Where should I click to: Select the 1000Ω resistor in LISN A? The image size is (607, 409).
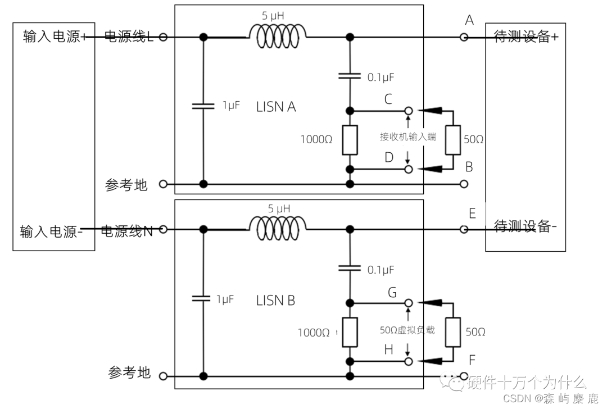pos(350,140)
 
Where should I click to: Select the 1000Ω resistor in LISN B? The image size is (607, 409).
pos(350,331)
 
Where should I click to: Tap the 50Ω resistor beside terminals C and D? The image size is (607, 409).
pos(453,139)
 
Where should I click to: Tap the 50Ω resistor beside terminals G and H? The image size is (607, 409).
pos(453,331)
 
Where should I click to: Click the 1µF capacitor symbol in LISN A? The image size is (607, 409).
pos(203,105)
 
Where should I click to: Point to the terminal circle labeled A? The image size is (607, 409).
pos(464,37)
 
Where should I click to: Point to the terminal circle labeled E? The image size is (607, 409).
pos(464,229)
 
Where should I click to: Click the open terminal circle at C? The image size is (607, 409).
pos(409,110)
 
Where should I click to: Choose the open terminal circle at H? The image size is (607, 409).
pos(409,361)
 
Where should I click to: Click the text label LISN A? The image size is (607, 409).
pos(276,107)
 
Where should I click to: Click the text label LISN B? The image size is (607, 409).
pos(275,301)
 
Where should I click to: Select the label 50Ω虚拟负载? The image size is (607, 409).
pos(407,330)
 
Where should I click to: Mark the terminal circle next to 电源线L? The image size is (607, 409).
pos(163,38)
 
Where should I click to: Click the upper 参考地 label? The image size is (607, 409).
pos(126,185)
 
